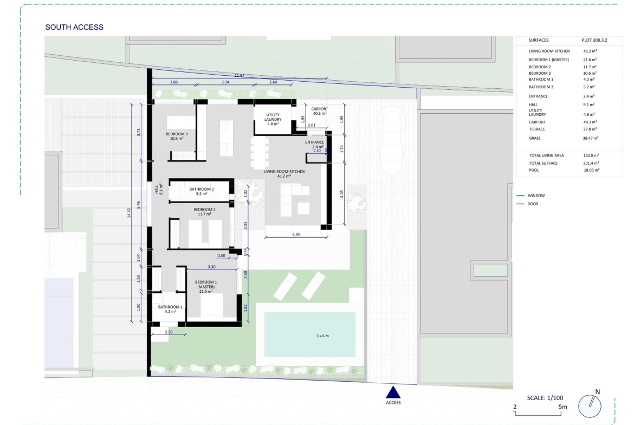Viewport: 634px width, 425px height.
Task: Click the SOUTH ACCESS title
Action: (74, 27)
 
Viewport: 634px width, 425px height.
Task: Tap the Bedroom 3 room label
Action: (177, 136)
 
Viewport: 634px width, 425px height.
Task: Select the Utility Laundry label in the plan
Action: (273, 119)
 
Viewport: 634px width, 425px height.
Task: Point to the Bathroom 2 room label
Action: (202, 191)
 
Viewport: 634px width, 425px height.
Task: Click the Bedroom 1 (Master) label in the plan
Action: (206, 286)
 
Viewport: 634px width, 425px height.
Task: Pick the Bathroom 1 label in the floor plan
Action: (170, 309)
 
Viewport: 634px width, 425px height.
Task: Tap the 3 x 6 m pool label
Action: (322, 336)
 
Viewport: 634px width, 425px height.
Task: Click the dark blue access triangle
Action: (393, 393)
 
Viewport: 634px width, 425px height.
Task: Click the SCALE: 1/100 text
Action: (545, 398)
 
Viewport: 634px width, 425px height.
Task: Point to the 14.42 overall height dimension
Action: (129, 213)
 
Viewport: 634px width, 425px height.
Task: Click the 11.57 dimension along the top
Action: (240, 76)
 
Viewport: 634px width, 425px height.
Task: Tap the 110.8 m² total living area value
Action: (591, 155)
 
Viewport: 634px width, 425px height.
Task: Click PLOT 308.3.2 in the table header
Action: (594, 40)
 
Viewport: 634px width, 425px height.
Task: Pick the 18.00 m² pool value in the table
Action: (592, 170)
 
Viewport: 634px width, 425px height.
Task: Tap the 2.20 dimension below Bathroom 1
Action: (169, 332)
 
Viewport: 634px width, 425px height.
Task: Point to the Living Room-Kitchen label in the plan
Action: (284, 174)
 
